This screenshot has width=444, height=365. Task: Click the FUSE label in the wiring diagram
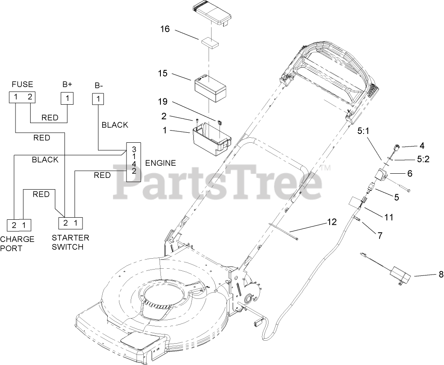click(22, 84)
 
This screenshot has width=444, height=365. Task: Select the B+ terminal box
click(67, 98)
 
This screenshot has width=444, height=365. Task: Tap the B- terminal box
click(98, 99)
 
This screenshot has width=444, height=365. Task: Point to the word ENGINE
click(160, 163)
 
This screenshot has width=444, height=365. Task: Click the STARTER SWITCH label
click(70, 242)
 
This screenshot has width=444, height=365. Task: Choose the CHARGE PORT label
click(17, 243)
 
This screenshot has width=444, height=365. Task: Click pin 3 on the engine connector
click(134, 149)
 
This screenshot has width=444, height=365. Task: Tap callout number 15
click(163, 73)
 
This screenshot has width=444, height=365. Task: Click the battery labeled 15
click(211, 86)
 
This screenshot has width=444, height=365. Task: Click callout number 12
click(331, 222)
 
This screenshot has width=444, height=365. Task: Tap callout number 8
click(440, 275)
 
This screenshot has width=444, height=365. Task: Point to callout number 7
click(379, 235)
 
